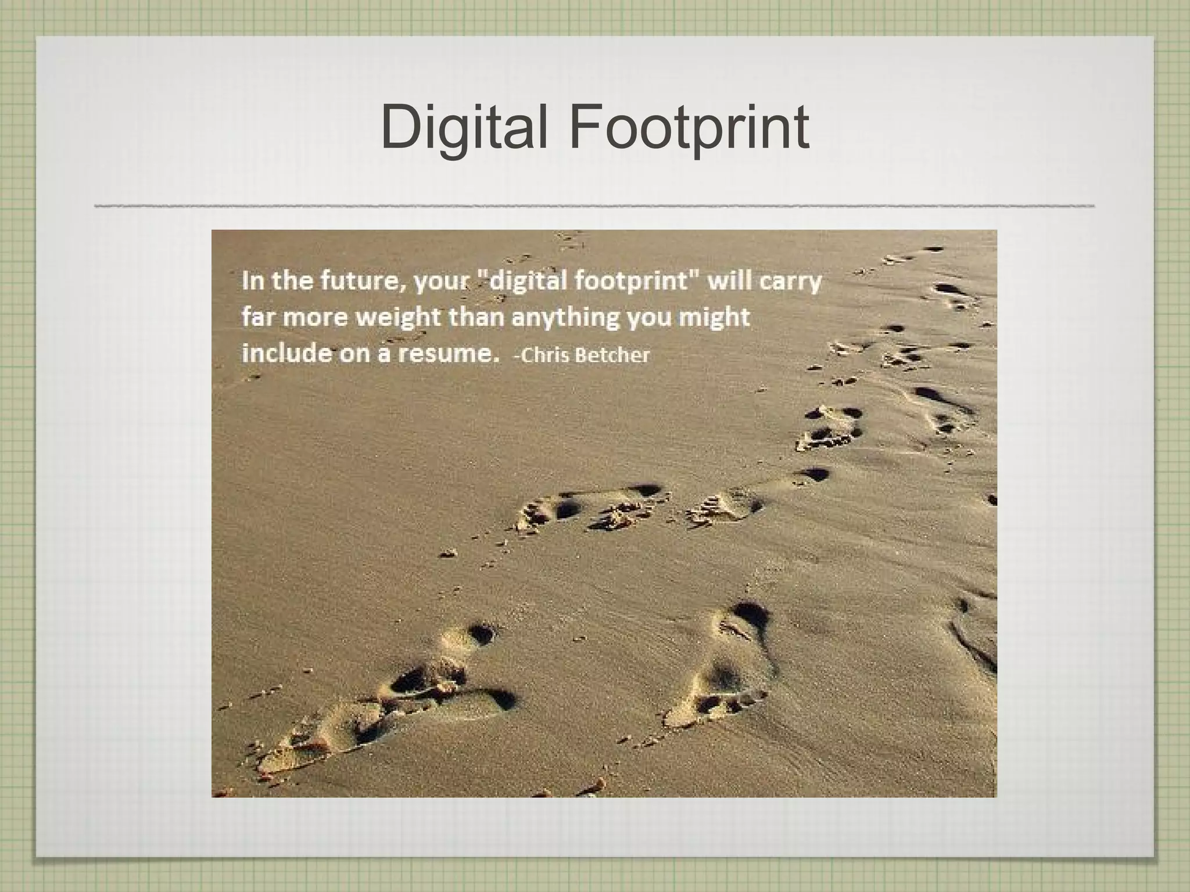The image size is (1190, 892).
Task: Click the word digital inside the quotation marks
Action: pos(529,282)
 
